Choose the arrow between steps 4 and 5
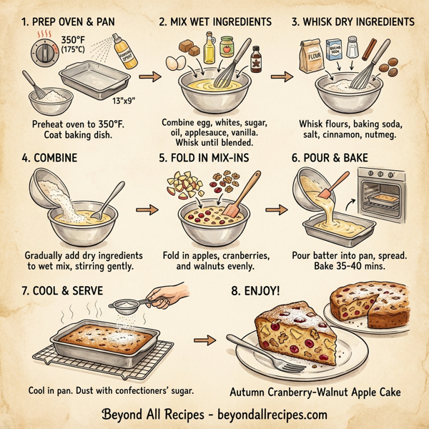pos(147,210)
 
